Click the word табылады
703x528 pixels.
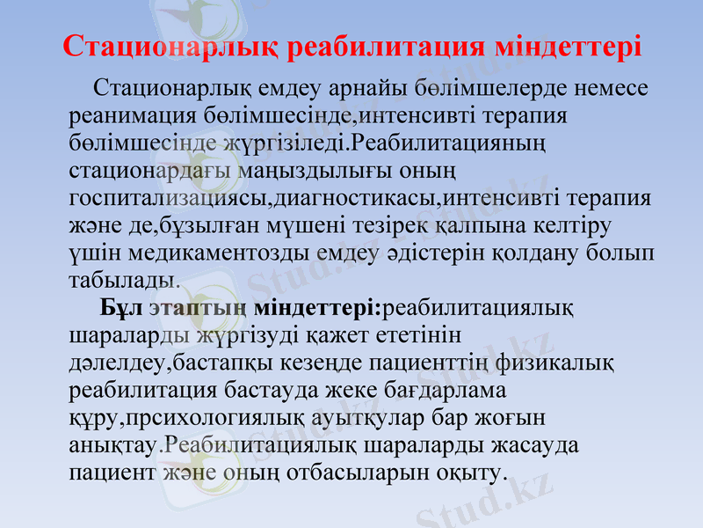click(x=124, y=281)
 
